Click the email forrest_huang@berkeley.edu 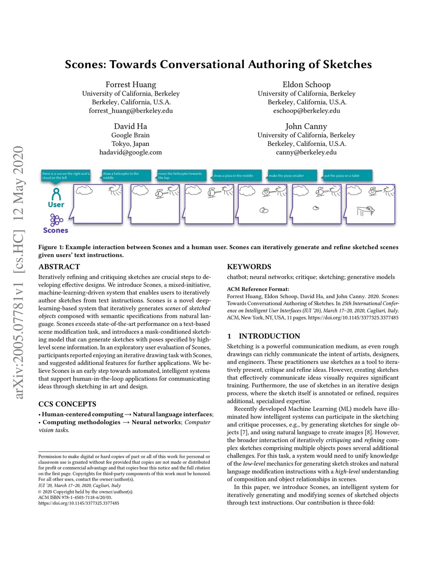131,111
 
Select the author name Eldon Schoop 306,84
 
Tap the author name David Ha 131,126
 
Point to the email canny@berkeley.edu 306,152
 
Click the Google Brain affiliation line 131,135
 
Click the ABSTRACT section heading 59,267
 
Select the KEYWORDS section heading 249,267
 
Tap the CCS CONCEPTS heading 67,404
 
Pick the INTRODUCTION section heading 269,336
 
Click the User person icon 56,194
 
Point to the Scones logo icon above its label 56,220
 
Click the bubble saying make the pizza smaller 292,176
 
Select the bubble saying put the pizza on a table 347,176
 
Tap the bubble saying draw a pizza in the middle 236,176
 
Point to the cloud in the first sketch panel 84,191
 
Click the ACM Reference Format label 258,289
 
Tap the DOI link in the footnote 79,503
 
